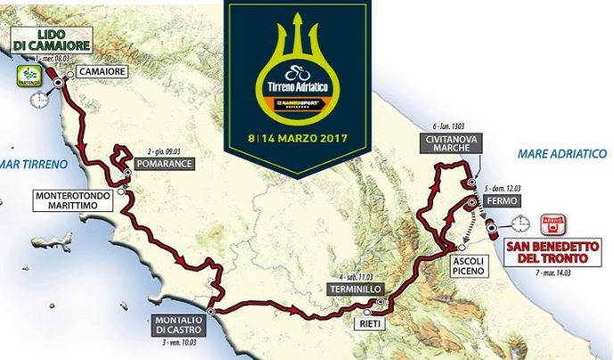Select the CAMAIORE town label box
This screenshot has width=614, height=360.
pos(100,70)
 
